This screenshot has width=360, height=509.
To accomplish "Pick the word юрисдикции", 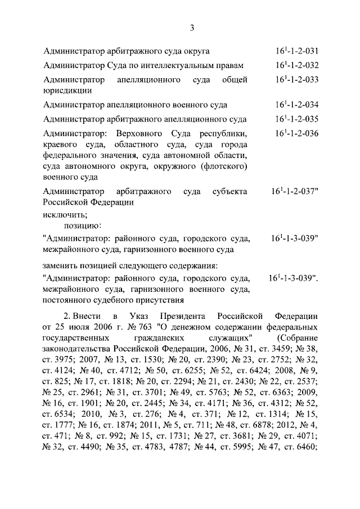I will pyautogui.click(x=67, y=90).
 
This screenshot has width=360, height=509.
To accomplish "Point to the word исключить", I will pyautogui.click(x=64, y=214).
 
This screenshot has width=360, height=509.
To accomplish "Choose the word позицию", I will pyautogui.click(x=82, y=226).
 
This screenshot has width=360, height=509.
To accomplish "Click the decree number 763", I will pyautogui.click(x=125, y=326).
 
